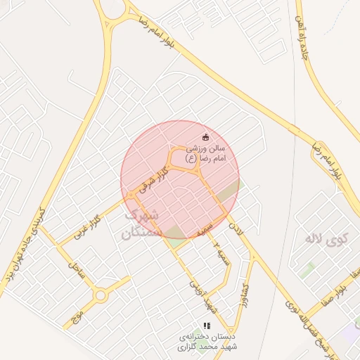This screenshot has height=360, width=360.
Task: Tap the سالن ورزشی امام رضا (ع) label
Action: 205,154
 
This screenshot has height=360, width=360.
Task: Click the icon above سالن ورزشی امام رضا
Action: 205,136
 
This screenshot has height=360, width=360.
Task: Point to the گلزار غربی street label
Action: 88,226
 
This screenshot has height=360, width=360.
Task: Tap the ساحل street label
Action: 77,268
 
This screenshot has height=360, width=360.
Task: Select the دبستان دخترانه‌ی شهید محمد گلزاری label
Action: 206,342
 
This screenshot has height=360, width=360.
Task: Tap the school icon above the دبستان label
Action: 206,326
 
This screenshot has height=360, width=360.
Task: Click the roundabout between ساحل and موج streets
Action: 101,296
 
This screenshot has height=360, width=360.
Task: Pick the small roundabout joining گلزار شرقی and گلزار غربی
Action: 131,195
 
